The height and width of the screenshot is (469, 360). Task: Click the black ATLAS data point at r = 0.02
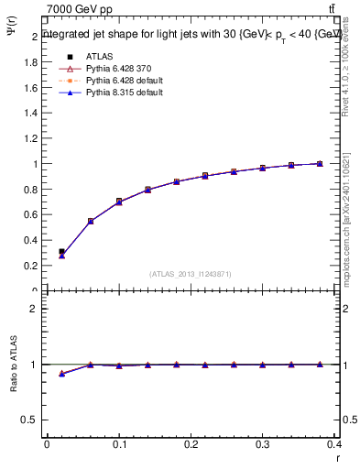pos(61,251)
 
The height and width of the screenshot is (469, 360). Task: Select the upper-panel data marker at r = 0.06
pos(91,221)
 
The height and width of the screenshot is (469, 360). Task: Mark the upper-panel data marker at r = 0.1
pos(119,201)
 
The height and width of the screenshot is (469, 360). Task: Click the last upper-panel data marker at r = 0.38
pos(320,163)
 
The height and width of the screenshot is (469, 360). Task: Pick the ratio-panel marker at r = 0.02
pos(61,374)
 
